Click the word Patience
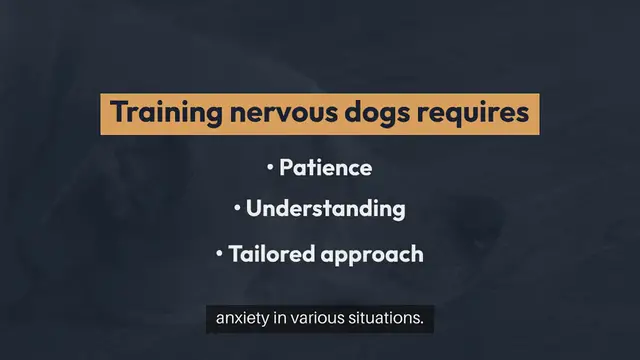(325, 167)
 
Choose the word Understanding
(325, 209)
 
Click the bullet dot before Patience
(270, 167)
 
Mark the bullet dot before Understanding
(238, 209)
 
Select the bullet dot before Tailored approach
(219, 254)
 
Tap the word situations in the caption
(385, 320)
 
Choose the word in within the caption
(280, 320)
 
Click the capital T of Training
(118, 113)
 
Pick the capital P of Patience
(284, 167)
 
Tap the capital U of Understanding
(253, 209)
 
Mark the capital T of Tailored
(234, 254)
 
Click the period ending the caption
(424, 324)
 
